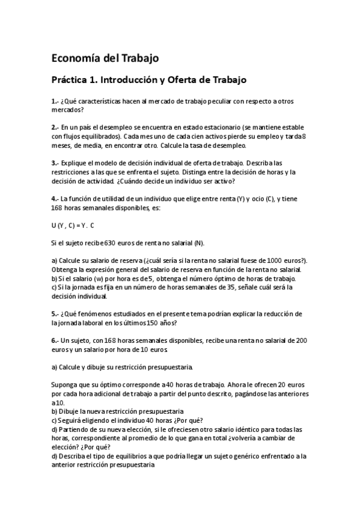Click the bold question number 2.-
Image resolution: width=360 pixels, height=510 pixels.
[55, 127]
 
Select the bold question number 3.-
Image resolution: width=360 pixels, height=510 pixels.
[55, 162]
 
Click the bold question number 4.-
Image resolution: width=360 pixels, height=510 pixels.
[55, 198]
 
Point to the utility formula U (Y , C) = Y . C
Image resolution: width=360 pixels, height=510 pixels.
[73, 224]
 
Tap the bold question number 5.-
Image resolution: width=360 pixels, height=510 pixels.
[55, 313]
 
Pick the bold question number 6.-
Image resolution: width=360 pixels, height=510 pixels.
[55, 340]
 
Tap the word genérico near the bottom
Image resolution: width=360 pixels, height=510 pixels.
[246, 456]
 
